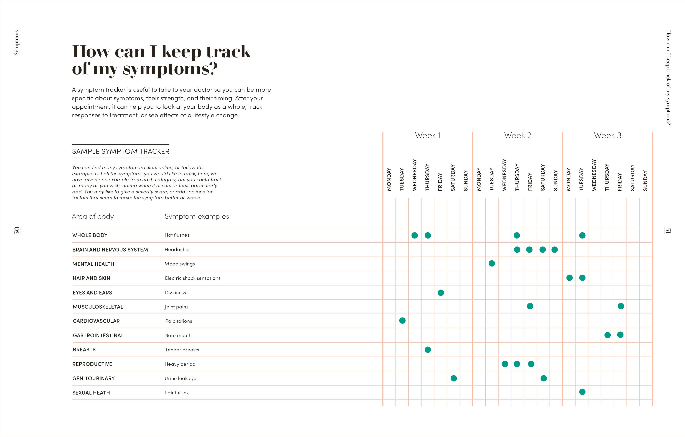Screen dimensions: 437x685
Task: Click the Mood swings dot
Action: (x=492, y=263)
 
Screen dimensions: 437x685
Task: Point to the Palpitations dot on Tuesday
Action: (x=402, y=320)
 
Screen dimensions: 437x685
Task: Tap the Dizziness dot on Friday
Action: (x=441, y=293)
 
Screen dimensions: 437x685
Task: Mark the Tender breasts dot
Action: (x=428, y=349)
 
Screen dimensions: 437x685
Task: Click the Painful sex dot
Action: (x=582, y=392)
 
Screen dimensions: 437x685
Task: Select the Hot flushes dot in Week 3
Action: (x=582, y=235)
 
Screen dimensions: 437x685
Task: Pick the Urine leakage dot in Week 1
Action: (x=454, y=378)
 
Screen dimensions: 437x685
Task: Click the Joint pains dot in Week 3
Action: (x=621, y=306)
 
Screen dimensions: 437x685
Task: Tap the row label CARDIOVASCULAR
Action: (x=96, y=321)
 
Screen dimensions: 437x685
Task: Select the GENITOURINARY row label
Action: (x=94, y=378)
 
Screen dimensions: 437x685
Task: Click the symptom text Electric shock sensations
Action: (x=193, y=278)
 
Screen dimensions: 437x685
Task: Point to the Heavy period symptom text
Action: (x=180, y=364)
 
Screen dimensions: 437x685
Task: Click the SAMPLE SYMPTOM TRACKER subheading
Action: (x=121, y=151)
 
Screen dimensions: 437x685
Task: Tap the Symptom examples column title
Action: (x=197, y=216)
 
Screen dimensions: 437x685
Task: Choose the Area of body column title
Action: (x=93, y=217)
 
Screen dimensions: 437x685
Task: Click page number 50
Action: (x=17, y=230)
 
